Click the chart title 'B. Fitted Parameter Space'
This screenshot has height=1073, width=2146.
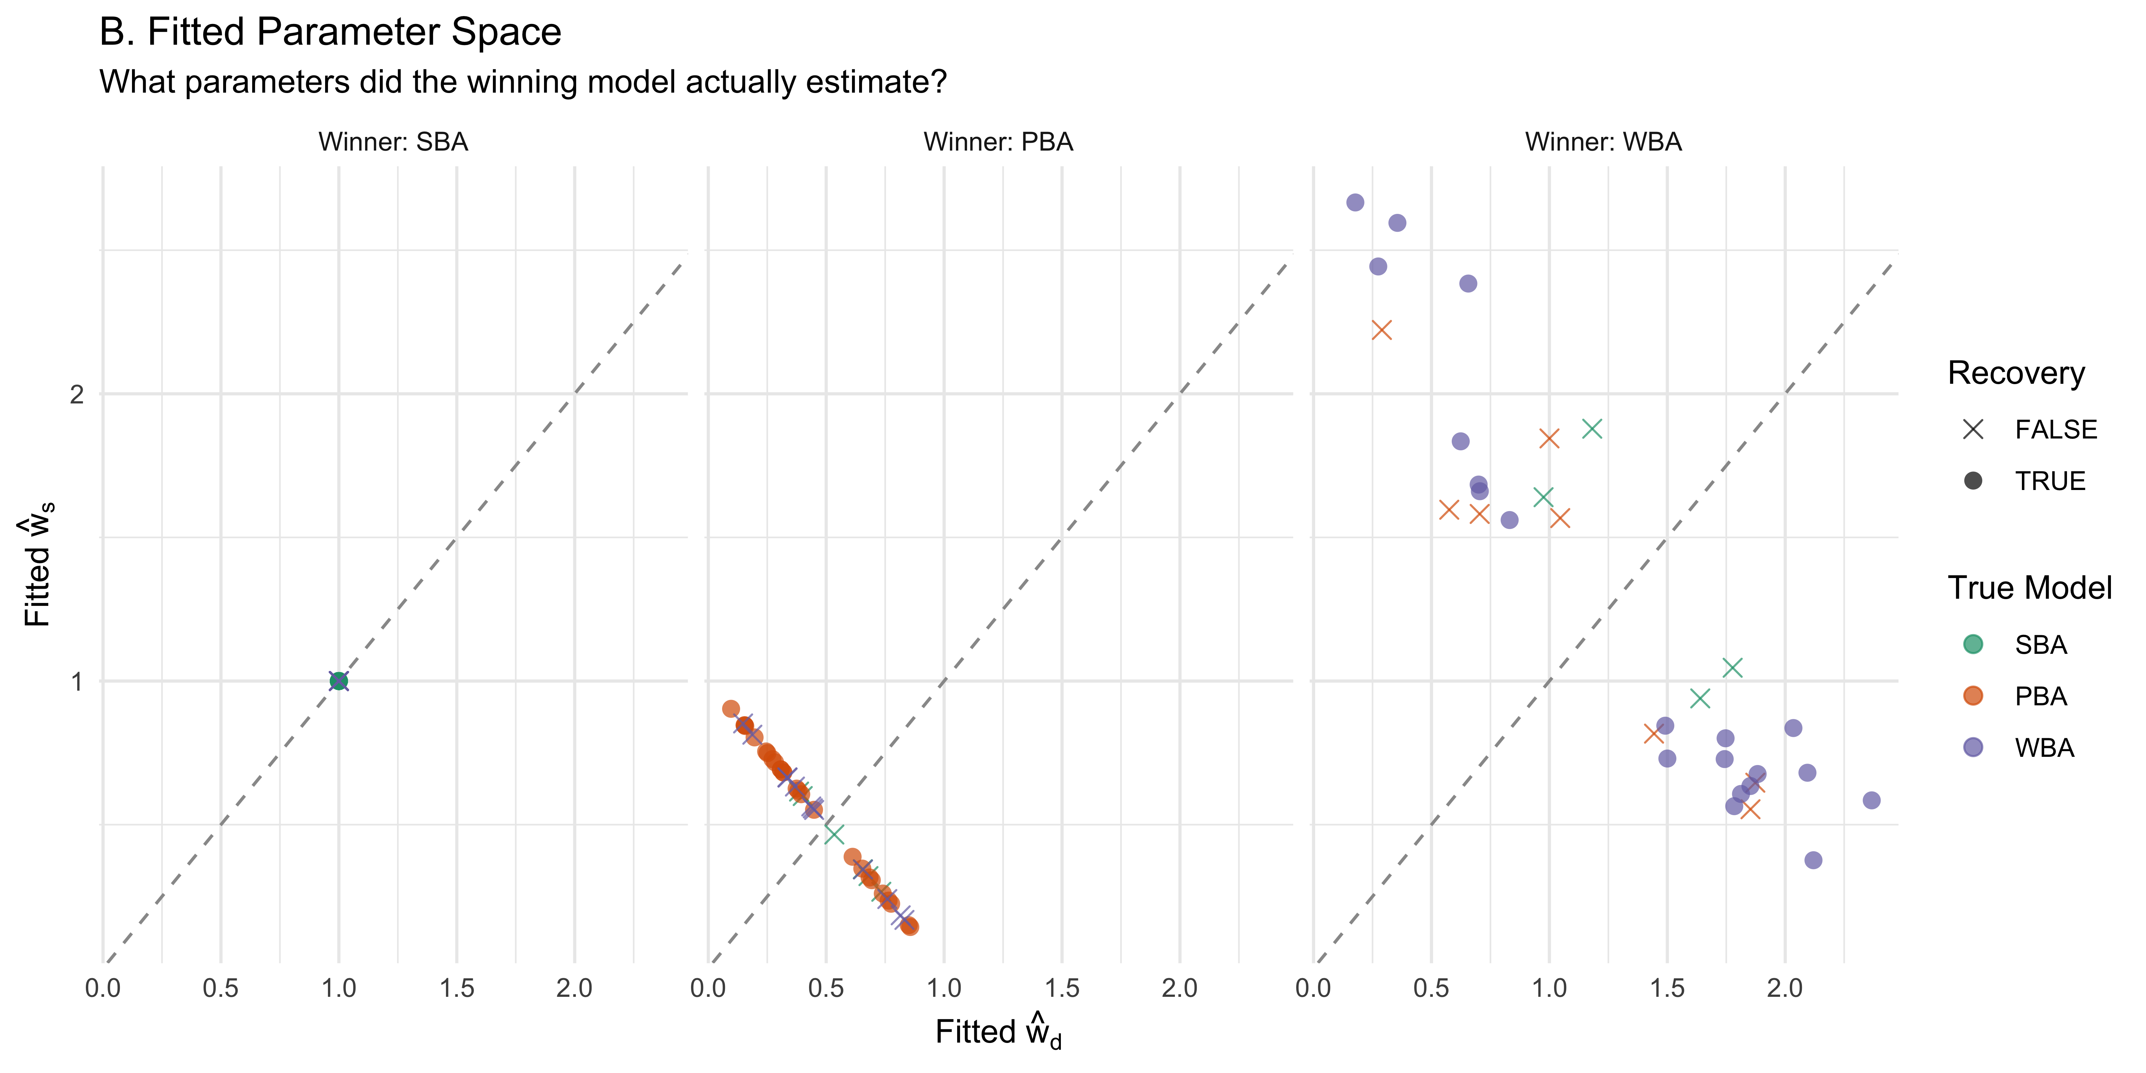[330, 33]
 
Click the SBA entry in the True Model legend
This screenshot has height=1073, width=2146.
[2016, 645]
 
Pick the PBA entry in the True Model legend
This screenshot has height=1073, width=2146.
[2016, 696]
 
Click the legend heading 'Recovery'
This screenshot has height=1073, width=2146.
[2016, 373]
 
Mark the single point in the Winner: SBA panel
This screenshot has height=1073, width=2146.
[338, 681]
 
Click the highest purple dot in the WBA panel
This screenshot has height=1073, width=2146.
[1356, 202]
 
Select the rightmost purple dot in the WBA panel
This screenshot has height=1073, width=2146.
[1871, 800]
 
